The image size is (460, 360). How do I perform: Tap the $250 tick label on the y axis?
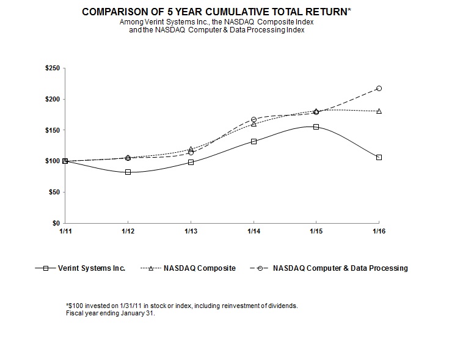tap(53, 68)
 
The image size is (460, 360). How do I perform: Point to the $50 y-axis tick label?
tap(54, 192)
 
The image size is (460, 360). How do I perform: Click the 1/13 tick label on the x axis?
tap(191, 232)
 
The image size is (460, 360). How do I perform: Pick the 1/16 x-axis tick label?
tap(379, 232)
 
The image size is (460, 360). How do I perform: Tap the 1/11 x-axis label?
tap(64, 232)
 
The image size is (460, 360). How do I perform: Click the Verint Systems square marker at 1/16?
tap(379, 158)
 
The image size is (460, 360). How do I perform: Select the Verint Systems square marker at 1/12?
tap(128, 172)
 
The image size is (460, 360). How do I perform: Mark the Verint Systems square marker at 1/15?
tap(316, 127)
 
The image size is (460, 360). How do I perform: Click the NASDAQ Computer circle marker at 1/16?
tap(379, 88)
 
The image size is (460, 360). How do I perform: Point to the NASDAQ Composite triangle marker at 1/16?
tap(379, 111)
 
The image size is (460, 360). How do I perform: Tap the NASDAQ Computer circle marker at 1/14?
tap(254, 119)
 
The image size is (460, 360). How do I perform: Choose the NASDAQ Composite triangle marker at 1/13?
tap(191, 149)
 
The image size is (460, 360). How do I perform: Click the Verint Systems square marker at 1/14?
tap(254, 141)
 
